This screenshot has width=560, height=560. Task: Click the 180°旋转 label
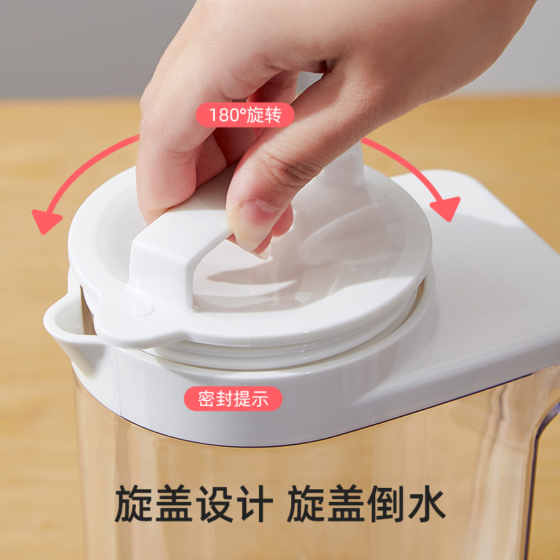[244, 114]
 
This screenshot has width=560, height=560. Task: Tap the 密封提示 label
[233, 399]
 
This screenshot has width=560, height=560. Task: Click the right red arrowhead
[445, 208]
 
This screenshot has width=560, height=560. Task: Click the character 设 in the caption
[211, 504]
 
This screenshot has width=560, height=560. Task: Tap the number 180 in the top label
[223, 114]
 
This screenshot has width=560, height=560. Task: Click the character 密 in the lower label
[206, 399]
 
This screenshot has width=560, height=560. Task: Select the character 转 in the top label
[274, 114]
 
